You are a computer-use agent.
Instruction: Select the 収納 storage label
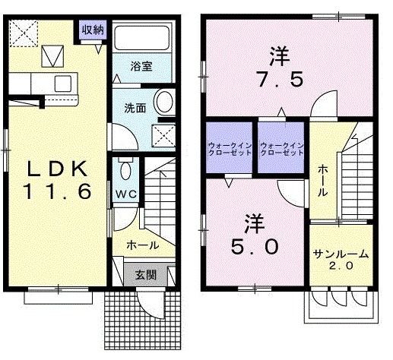(x=93, y=30)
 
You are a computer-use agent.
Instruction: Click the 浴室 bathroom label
(x=141, y=66)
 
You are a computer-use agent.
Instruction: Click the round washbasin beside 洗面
(x=162, y=103)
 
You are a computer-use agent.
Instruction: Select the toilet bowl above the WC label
(x=126, y=167)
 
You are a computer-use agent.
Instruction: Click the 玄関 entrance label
(x=146, y=275)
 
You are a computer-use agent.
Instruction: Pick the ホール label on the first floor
(x=142, y=245)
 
